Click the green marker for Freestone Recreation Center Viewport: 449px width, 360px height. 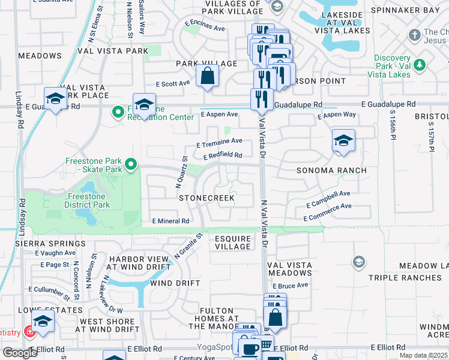pyautogui.click(x=118, y=112)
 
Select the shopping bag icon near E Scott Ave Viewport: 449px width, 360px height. pyautogui.click(x=206, y=76)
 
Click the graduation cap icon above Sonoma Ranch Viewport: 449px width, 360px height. pyautogui.click(x=343, y=141)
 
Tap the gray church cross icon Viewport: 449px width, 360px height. pyautogui.click(x=414, y=35)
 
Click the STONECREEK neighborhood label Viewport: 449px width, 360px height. pyautogui.click(x=206, y=197)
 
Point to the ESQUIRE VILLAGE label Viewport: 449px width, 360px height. pyautogui.click(x=233, y=242)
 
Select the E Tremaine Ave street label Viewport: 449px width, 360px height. pyautogui.click(x=219, y=142)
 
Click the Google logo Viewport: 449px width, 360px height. pyautogui.click(x=20, y=353)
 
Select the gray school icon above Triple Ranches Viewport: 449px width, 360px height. pyautogui.click(x=358, y=262)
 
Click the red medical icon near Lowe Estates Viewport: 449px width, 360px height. pyautogui.click(x=28, y=332)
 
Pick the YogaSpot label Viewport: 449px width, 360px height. pyautogui.click(x=214, y=347)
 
